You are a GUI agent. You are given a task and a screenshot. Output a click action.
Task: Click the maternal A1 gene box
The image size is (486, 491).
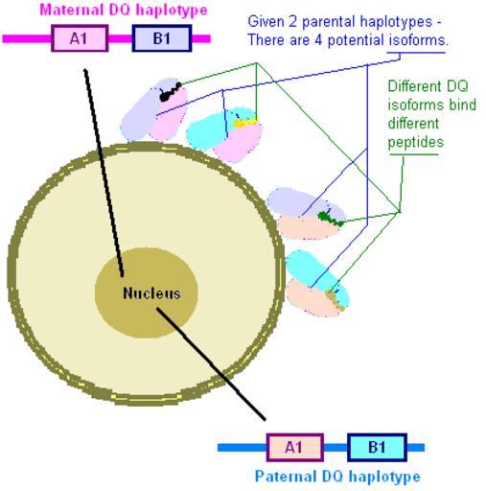pos(80,38)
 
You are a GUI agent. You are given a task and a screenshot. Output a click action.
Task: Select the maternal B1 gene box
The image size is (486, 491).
pos(162,38)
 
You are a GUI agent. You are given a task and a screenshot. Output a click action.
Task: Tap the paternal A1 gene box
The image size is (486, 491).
pos(294,447)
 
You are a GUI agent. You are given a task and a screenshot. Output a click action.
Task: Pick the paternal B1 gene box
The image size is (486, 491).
pos(377,447)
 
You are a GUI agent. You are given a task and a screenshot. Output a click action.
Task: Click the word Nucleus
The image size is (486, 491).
pos(151,293)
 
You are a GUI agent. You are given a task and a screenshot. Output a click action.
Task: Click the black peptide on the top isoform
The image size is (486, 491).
pos(170,92)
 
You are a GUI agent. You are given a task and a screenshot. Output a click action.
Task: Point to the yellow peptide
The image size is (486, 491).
pos(245,123)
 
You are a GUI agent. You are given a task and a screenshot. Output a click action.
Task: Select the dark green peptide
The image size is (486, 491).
pos(331,219)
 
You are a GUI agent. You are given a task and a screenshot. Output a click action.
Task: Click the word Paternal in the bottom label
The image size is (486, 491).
pos(286,477)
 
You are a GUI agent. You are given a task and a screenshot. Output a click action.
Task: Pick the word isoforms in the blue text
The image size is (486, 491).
pos(418,40)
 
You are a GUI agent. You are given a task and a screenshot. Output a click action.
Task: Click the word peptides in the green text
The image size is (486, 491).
pos(416,142)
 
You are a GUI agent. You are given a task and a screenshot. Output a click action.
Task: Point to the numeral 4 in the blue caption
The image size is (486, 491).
pos(317,40)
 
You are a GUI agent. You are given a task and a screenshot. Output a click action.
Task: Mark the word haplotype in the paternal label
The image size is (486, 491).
pos(384,477)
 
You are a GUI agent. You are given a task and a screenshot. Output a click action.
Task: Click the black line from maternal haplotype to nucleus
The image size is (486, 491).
pos(104,173)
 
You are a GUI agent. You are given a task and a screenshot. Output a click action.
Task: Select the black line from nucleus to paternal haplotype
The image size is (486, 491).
pos(211,364)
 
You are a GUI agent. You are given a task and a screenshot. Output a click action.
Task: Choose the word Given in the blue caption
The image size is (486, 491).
pos(266,22)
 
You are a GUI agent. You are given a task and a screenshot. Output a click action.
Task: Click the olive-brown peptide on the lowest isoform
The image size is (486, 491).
pos(336,299)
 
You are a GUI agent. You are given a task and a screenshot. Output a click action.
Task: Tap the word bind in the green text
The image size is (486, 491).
pos(463,105)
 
